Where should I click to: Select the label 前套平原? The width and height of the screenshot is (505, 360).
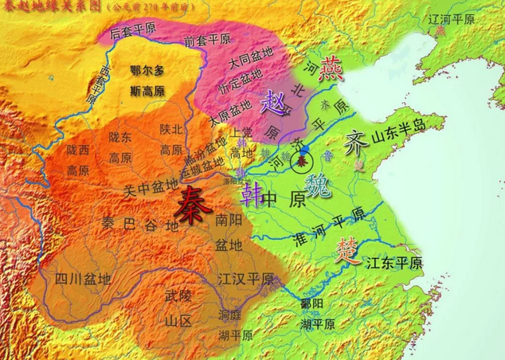(206, 39)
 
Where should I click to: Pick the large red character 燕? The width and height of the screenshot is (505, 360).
(331, 71)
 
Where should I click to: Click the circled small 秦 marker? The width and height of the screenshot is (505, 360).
(301, 162)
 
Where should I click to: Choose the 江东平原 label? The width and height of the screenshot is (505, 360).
(396, 263)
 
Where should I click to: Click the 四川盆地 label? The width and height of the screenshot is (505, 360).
(82, 279)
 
